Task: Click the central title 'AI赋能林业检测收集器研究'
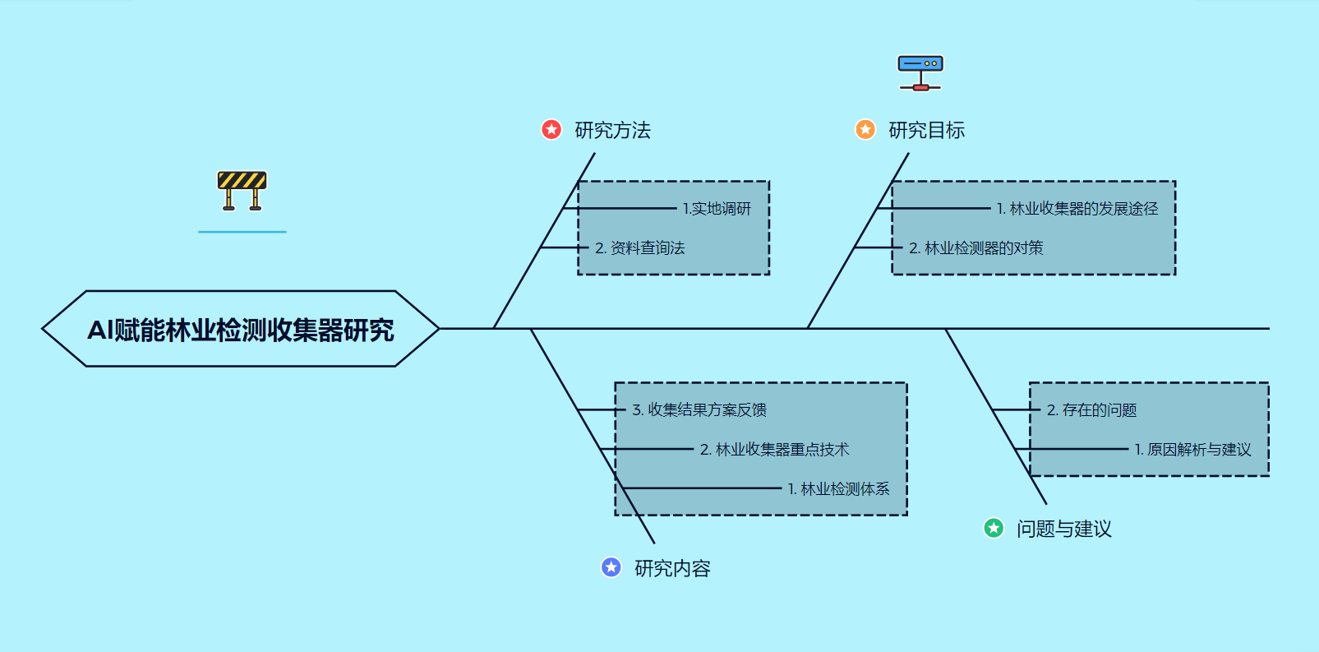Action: [241, 329]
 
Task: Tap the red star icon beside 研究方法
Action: [551, 130]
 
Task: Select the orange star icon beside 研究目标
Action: [865, 130]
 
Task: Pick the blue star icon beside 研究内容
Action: [611, 567]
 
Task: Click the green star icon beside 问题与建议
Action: [994, 528]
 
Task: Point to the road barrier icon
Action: [242, 191]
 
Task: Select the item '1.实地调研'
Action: [717, 209]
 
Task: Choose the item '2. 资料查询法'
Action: [639, 248]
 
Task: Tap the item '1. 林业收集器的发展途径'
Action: [1077, 209]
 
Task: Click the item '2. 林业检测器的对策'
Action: [975, 248]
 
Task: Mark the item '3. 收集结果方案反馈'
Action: [699, 409]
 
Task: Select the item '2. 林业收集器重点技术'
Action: [774, 450]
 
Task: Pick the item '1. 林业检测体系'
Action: [838, 489]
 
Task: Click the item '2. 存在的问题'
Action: [1091, 410]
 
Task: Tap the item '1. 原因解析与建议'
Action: [1192, 450]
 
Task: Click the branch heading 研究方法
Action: [612, 130]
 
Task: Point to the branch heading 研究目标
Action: [926, 130]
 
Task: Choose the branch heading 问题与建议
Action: [1063, 529]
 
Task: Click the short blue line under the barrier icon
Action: [242, 232]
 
